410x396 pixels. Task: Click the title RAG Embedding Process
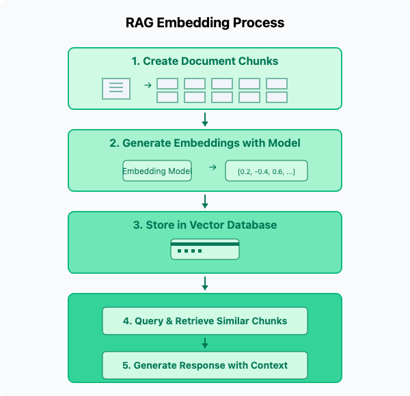[205, 23]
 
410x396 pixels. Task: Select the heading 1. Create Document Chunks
[205, 61]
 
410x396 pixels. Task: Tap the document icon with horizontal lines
[116, 89]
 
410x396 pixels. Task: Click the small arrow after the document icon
[148, 85]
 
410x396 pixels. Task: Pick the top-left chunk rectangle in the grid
[167, 83]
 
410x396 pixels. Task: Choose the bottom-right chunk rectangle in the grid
[277, 97]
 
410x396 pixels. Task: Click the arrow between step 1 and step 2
[205, 119]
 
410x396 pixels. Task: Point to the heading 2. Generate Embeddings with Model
[205, 143]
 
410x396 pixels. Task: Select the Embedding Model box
[157, 171]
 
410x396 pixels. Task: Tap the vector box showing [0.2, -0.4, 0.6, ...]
[266, 171]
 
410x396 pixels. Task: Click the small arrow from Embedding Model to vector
[213, 167]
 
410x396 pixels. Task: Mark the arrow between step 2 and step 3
[205, 201]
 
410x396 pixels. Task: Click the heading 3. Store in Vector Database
[205, 225]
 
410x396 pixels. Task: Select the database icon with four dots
[205, 249]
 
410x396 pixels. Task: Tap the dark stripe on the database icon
[205, 244]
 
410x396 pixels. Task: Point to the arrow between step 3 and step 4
[205, 283]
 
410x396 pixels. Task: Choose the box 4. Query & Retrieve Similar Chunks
[205, 321]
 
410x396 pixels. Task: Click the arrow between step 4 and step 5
[205, 343]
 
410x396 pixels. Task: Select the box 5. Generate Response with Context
[205, 365]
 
